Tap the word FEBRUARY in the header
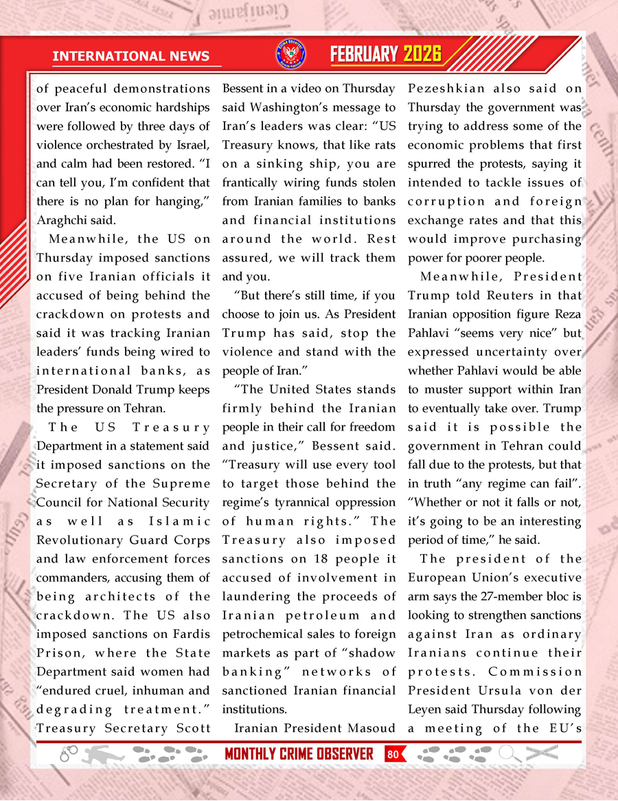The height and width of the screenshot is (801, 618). click(x=364, y=54)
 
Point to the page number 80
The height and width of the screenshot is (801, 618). click(x=393, y=754)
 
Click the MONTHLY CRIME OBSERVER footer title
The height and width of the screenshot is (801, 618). click(x=299, y=754)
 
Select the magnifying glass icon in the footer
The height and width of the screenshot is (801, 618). click(x=509, y=754)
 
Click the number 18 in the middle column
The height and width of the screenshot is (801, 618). click(x=317, y=558)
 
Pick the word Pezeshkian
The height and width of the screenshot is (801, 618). click(x=447, y=89)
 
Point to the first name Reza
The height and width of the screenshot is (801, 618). click(x=564, y=314)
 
